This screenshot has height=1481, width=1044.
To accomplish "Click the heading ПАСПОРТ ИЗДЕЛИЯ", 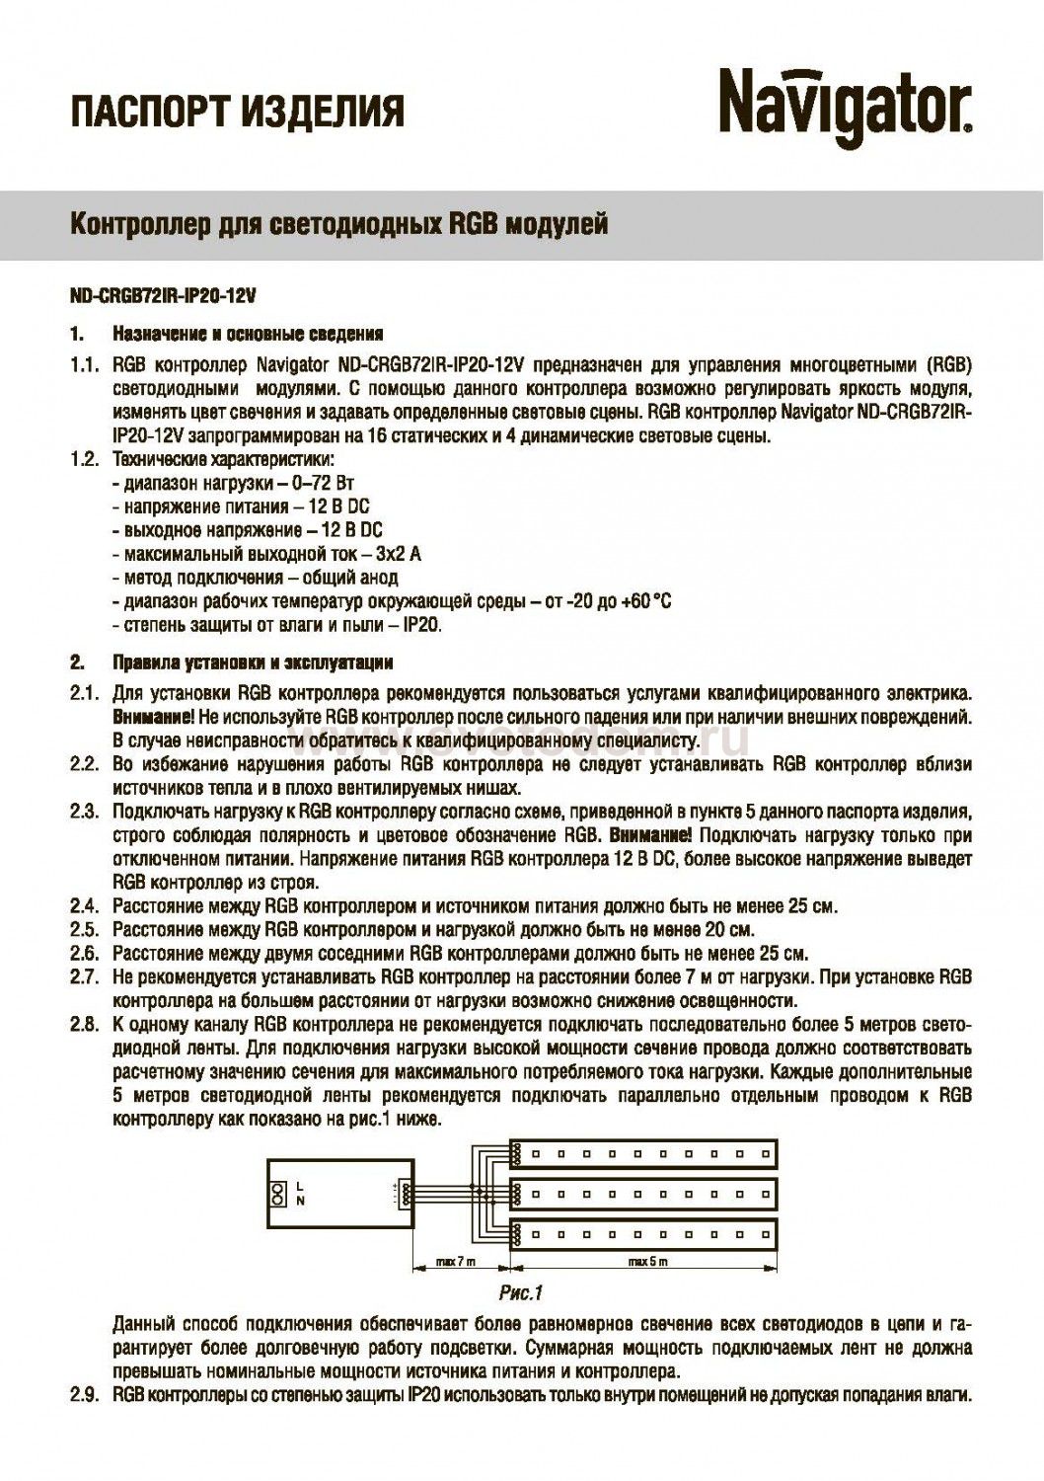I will (238, 112).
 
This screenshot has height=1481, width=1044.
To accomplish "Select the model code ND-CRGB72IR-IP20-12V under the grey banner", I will (156, 296).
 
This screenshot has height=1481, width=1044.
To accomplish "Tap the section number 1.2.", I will (84, 460).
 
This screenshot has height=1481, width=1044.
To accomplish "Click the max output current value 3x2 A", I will (399, 554).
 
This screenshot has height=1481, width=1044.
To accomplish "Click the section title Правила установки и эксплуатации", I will (254, 663).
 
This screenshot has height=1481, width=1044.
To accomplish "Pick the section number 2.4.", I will (84, 905).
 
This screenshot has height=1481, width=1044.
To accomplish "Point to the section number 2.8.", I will (84, 1024).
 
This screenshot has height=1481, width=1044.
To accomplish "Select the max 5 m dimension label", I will (648, 1262).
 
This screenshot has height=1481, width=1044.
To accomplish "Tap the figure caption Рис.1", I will (521, 1291).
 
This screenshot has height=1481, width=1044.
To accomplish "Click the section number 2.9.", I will (84, 1395).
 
